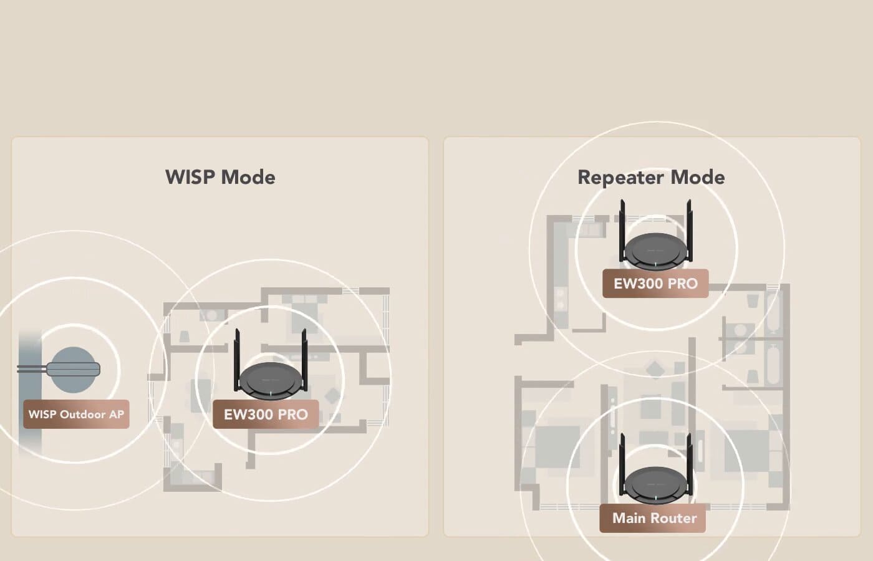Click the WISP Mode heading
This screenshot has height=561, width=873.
220,177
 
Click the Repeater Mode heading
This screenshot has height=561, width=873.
651,177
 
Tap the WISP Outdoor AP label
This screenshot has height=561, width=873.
76,415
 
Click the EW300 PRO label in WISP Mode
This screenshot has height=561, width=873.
266,415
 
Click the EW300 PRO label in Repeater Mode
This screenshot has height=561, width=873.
655,284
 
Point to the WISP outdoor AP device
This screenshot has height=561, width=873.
74,369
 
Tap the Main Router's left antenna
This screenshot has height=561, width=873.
622,461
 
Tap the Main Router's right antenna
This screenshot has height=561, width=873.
690,461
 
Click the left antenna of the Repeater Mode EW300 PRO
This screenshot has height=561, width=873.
622,228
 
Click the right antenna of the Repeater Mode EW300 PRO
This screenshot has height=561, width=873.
689,228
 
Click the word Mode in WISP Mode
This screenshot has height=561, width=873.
248,177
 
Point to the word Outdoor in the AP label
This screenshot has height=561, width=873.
83,415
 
